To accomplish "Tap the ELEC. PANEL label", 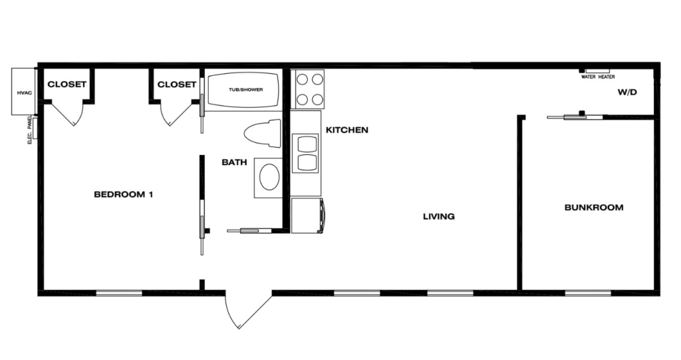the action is point(30,130).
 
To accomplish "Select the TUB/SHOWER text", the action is point(246,90).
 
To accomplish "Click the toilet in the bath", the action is point(262,133).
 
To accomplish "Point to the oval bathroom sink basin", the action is point(269,177).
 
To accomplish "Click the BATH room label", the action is point(234,162).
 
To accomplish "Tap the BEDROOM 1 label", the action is point(123,194).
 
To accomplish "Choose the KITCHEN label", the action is point(347,130).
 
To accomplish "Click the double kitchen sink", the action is point(307,152).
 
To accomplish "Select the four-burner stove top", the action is point(310,89).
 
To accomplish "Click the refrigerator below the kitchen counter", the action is point(308,216).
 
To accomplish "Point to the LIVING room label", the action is point(439,216).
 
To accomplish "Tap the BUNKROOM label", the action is point(594,208).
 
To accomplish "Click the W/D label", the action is point(627,92).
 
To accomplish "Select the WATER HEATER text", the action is point(598,77).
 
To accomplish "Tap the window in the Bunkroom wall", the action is point(588,293).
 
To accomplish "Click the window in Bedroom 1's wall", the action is point(119,293).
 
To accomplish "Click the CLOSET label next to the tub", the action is point(177,85).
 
